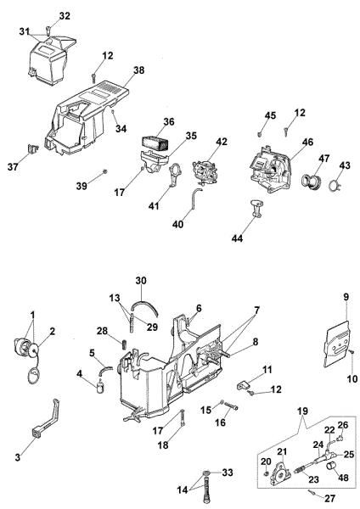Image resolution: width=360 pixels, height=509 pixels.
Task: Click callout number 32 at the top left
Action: pos(65,16)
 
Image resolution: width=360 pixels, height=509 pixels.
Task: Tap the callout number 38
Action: pos(138,72)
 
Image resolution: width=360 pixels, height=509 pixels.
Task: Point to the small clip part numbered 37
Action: pos(35,149)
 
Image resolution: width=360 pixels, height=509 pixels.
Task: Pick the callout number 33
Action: pos(227,472)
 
